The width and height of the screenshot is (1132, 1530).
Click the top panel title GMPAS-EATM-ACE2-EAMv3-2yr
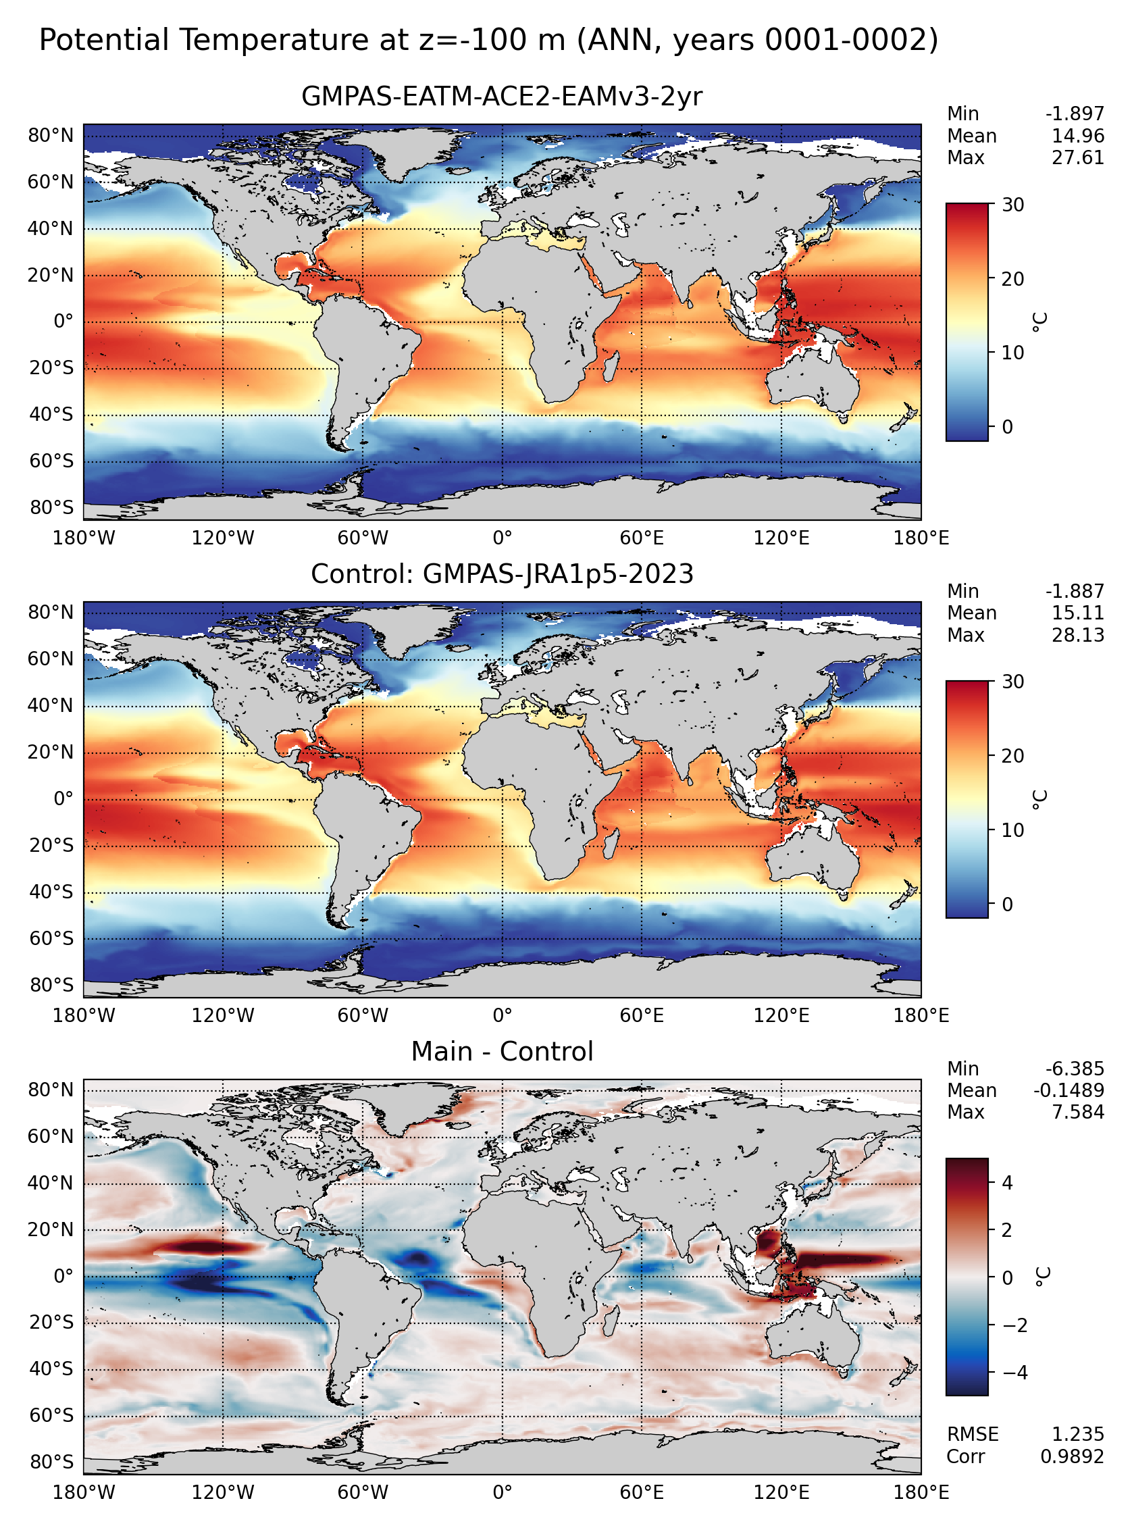click(x=502, y=97)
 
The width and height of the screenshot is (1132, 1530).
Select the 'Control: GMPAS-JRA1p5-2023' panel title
click(x=502, y=573)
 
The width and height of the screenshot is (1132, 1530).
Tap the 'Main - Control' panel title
click(x=502, y=1051)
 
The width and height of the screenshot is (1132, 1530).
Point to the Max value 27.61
click(x=1078, y=157)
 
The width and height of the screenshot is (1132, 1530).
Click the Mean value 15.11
click(x=1078, y=613)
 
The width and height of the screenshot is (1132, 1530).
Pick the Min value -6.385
click(x=1075, y=1068)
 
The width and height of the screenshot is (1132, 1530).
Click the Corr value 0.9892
click(x=1073, y=1456)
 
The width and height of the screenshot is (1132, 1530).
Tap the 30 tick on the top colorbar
click(x=1012, y=204)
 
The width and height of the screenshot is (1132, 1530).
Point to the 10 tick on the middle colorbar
click(x=1012, y=830)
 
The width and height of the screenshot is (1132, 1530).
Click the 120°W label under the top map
click(x=223, y=538)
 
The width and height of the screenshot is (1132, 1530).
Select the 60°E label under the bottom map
click(x=642, y=1491)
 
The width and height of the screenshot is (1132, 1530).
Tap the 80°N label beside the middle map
click(x=51, y=612)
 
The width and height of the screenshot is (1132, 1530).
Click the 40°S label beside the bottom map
click(x=51, y=1369)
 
